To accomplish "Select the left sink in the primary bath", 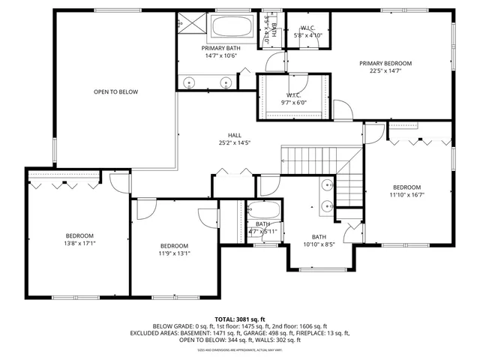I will pos(189,82).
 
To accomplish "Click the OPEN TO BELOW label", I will pos(115,92).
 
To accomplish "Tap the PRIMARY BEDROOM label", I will pos(385,64).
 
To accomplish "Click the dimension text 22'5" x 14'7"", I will pos(385,72).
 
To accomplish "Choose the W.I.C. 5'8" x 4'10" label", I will pos(308,31).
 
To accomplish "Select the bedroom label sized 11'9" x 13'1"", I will pos(174,249).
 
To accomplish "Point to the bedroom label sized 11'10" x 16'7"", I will pos(406,190).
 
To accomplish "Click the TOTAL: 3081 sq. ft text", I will pos(240,319).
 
